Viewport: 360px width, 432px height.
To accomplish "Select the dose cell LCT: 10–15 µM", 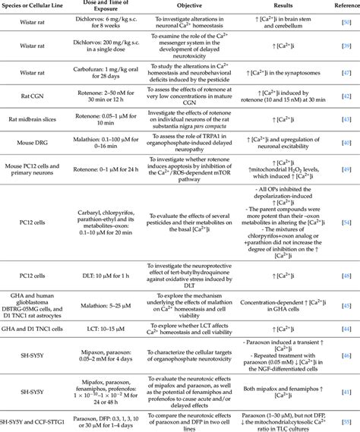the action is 99,329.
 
